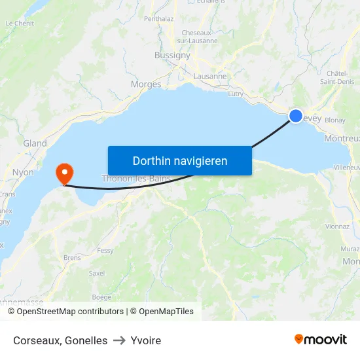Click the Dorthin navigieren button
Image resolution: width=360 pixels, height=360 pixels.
pyautogui.click(x=179, y=160)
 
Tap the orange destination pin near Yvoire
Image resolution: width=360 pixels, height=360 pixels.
pyautogui.click(x=65, y=173)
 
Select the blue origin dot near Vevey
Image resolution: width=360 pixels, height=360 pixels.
pyautogui.click(x=296, y=116)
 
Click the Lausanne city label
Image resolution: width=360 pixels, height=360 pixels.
pyautogui.click(x=210, y=76)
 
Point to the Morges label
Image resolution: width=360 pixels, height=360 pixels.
pyautogui.click(x=145, y=84)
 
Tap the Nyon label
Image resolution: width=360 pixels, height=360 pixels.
pyautogui.click(x=23, y=173)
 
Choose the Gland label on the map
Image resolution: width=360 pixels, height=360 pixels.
pyautogui.click(x=35, y=143)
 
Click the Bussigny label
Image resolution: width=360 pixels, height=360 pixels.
pyautogui.click(x=172, y=56)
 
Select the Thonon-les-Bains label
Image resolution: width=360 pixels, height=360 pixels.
pyautogui.click(x=136, y=178)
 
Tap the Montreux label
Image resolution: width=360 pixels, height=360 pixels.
pyautogui.click(x=342, y=138)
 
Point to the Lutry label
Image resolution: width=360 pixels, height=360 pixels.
pyautogui.click(x=236, y=94)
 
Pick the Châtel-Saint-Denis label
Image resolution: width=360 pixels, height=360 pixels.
pyautogui.click(x=337, y=77)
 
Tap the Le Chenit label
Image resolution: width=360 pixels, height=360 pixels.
pyautogui.click(x=19, y=23)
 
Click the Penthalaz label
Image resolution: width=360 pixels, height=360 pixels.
pyautogui.click(x=159, y=19)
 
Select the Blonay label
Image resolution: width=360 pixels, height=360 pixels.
pyautogui.click(x=334, y=120)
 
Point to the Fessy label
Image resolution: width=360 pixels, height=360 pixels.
pyautogui.click(x=105, y=250)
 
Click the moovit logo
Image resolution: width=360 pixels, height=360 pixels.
pyautogui.click(x=320, y=340)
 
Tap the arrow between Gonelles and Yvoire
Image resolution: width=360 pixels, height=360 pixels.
pyautogui.click(x=119, y=340)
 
